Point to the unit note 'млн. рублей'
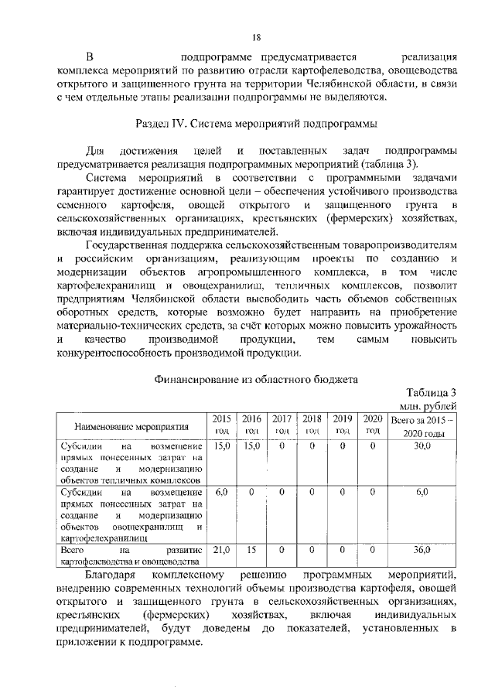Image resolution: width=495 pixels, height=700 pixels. pyautogui.click(x=428, y=406)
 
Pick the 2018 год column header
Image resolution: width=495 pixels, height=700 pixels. pyautogui.click(x=312, y=425)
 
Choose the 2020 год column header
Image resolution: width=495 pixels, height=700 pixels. pyautogui.click(x=372, y=425)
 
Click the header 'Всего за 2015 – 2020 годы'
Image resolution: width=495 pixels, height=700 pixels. pyautogui.click(x=422, y=425)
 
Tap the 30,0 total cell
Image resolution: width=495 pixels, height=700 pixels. pyautogui.click(x=422, y=446)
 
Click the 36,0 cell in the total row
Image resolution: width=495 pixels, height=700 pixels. pyautogui.click(x=422, y=549)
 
